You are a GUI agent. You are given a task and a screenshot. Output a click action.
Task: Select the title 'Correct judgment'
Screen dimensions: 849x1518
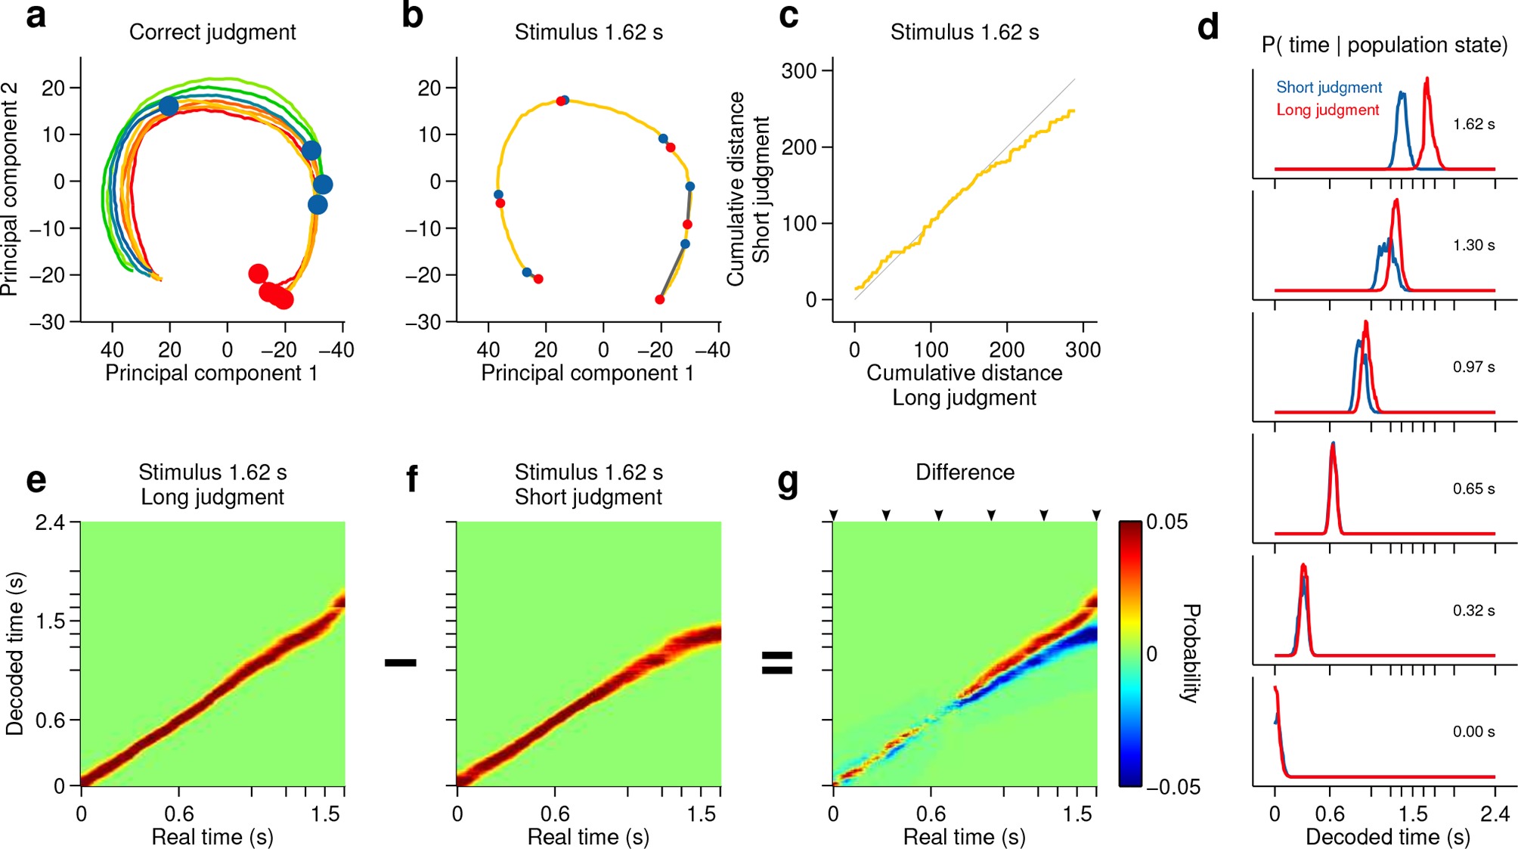[212, 33]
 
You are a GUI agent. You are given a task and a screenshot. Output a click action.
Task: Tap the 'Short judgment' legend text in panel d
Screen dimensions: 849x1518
[1329, 88]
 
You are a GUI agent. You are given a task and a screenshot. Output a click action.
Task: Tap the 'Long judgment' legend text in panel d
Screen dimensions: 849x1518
[1327, 110]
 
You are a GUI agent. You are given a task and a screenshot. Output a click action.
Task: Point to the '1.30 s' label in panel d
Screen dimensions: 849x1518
[1473, 246]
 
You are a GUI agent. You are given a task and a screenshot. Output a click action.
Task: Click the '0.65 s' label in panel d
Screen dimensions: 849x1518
[1473, 489]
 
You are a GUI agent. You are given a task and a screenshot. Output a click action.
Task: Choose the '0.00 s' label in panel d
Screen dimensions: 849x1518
[1473, 732]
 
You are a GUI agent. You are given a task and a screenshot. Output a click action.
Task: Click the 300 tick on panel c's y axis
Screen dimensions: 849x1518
[799, 72]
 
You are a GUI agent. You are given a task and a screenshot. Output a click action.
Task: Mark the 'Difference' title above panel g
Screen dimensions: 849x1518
[965, 473]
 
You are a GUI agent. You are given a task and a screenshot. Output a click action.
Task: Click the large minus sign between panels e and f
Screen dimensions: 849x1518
[401, 663]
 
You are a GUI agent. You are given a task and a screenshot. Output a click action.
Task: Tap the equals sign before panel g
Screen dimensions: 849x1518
[777, 663]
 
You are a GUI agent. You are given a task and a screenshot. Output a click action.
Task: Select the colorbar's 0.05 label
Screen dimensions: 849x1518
[1166, 522]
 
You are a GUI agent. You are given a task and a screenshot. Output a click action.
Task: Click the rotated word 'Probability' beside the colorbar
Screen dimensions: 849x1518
[1191, 653]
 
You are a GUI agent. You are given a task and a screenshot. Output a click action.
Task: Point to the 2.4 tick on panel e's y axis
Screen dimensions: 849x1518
[49, 522]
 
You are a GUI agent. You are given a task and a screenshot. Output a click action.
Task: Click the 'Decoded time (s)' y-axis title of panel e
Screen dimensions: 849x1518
[15, 653]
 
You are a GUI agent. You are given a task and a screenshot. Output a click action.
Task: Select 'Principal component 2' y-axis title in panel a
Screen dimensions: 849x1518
[10, 189]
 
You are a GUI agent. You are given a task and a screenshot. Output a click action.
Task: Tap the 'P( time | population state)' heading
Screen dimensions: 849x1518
[1384, 45]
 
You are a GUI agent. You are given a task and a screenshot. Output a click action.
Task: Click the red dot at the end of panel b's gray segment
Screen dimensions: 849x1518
[660, 300]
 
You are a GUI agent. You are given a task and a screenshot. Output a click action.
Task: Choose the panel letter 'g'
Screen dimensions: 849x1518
[788, 482]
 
